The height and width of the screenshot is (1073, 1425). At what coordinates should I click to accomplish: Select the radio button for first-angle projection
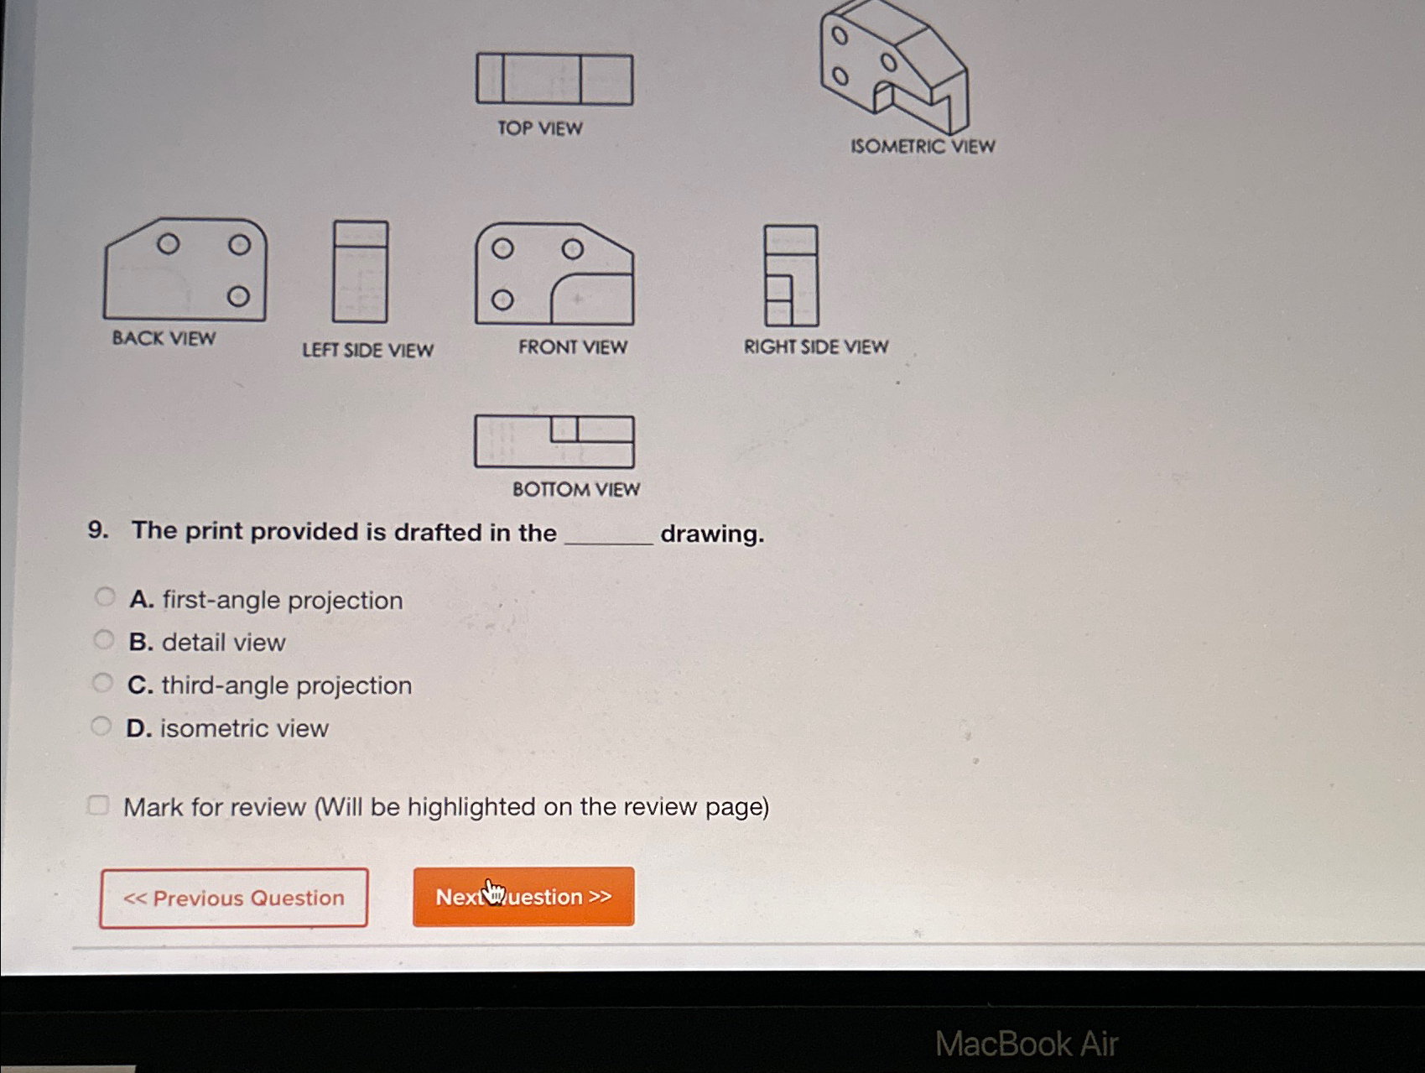click(x=104, y=596)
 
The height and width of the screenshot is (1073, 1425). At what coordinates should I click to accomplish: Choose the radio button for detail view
click(x=103, y=640)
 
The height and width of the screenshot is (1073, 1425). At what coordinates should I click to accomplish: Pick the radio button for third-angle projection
click(x=102, y=683)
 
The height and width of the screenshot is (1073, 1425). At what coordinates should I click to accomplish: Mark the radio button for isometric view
click(x=101, y=726)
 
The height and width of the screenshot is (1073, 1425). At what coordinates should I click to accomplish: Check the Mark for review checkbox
click(x=98, y=805)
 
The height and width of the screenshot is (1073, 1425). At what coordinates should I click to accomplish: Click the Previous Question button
click(x=233, y=898)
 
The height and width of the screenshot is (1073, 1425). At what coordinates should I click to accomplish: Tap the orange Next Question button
click(x=523, y=896)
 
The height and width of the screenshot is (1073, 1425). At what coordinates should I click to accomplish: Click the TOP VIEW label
click(x=539, y=128)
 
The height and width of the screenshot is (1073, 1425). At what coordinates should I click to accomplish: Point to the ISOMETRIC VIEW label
click(x=923, y=146)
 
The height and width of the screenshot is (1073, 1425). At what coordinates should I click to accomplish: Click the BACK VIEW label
click(x=164, y=338)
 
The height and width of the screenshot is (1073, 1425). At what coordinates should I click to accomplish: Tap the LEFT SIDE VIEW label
click(x=367, y=350)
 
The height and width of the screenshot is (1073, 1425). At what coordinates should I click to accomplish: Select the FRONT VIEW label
click(x=573, y=346)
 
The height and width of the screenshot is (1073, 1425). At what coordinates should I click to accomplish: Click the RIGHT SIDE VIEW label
click(x=816, y=346)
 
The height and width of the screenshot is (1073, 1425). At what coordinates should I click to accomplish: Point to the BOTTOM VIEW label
click(x=576, y=489)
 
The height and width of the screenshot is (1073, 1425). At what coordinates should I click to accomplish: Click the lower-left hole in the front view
click(x=502, y=300)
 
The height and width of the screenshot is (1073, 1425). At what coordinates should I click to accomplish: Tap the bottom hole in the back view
click(x=238, y=296)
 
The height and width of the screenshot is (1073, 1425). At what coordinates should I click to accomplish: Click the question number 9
click(x=98, y=530)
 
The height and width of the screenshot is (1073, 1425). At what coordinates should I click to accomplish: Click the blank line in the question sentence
click(x=609, y=544)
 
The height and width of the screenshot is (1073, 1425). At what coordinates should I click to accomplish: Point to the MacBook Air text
click(x=1027, y=1044)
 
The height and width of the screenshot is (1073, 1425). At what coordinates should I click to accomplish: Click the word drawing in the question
click(x=712, y=534)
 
